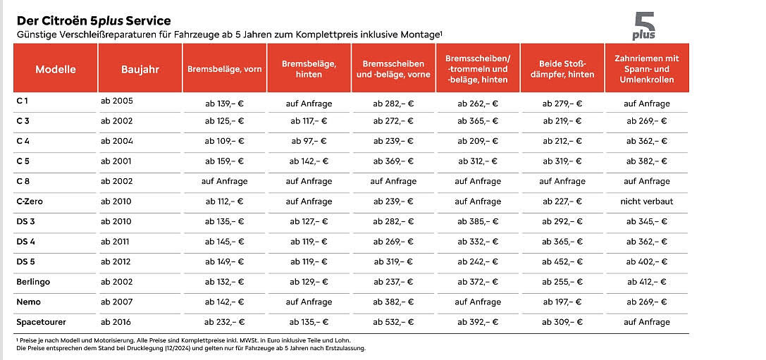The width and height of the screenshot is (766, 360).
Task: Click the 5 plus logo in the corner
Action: pos(644,26)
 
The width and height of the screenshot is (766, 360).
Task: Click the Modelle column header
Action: pos(56,69)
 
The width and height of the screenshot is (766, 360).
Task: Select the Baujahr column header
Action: pos(140,69)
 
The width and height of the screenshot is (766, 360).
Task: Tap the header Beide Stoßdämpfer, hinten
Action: pos(562,69)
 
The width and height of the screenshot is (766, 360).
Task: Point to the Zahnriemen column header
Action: pos(647,69)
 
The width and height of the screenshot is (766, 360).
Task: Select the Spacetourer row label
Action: pos(41,322)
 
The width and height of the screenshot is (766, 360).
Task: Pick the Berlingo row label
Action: pos(33,282)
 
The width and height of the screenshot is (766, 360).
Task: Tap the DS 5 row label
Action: pos(25,262)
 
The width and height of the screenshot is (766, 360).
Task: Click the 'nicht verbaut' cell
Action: pos(647,201)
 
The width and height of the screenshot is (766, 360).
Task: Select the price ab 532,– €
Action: pos(393,322)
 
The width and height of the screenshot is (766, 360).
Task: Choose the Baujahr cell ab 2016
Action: pos(116,322)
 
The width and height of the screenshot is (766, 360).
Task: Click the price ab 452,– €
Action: pos(562,262)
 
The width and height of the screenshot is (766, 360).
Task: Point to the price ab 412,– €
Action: pos(647,282)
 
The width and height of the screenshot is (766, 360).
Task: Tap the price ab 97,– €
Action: pos(309,141)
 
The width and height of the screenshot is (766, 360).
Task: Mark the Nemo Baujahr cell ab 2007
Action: pos(117,302)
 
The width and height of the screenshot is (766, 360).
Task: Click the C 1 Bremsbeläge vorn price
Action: pos(224,104)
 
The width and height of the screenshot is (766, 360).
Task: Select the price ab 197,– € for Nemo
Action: pos(562,302)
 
